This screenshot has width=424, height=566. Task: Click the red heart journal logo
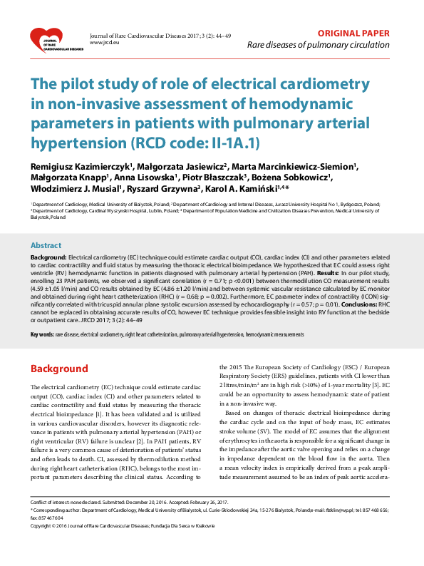pyautogui.click(x=51, y=40)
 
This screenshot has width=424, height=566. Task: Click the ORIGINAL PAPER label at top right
pyautogui.click(x=353, y=33)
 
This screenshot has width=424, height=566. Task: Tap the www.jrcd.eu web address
pyautogui.click(x=103, y=43)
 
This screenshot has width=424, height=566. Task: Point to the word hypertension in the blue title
pyautogui.click(x=76, y=141)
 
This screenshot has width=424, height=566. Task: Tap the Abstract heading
pyautogui.click(x=46, y=245)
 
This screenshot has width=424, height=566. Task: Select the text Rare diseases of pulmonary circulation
pyautogui.click(x=318, y=45)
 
